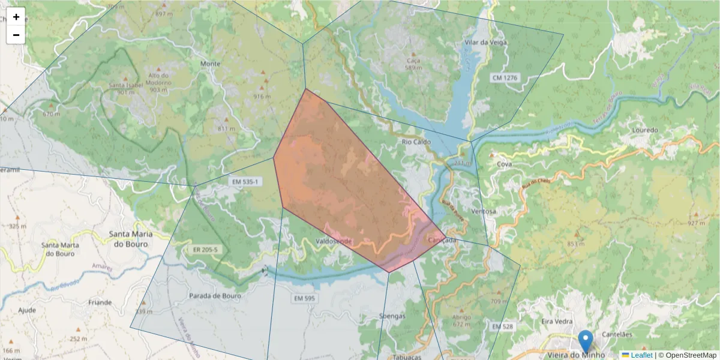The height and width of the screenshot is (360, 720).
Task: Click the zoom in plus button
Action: pos(16,17)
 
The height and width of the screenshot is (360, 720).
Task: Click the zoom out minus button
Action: pos(16,35)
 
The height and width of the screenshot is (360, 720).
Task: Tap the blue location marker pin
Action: pos(585,341)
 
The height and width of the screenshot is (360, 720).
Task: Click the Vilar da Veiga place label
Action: pos(486,43)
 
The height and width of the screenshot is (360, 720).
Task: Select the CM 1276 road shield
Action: pos(504,78)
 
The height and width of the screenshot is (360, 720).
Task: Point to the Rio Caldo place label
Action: pos(416,142)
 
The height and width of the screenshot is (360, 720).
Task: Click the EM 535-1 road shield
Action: pos(244,181)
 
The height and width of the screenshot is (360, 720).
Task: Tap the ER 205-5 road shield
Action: pos(206,250)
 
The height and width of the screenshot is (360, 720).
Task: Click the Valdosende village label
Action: pos(334,241)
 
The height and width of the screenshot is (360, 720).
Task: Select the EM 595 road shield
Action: pos(305,298)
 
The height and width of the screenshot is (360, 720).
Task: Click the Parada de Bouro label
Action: pos(215,296)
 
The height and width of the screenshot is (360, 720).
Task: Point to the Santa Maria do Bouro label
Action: pos(130,239)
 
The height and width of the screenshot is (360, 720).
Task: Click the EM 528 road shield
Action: pos(502,326)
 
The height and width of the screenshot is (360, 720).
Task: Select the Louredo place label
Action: pos(646,130)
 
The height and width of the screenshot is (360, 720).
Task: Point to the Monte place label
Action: pos(210,64)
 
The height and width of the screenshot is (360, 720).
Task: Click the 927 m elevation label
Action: pos(696,223)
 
